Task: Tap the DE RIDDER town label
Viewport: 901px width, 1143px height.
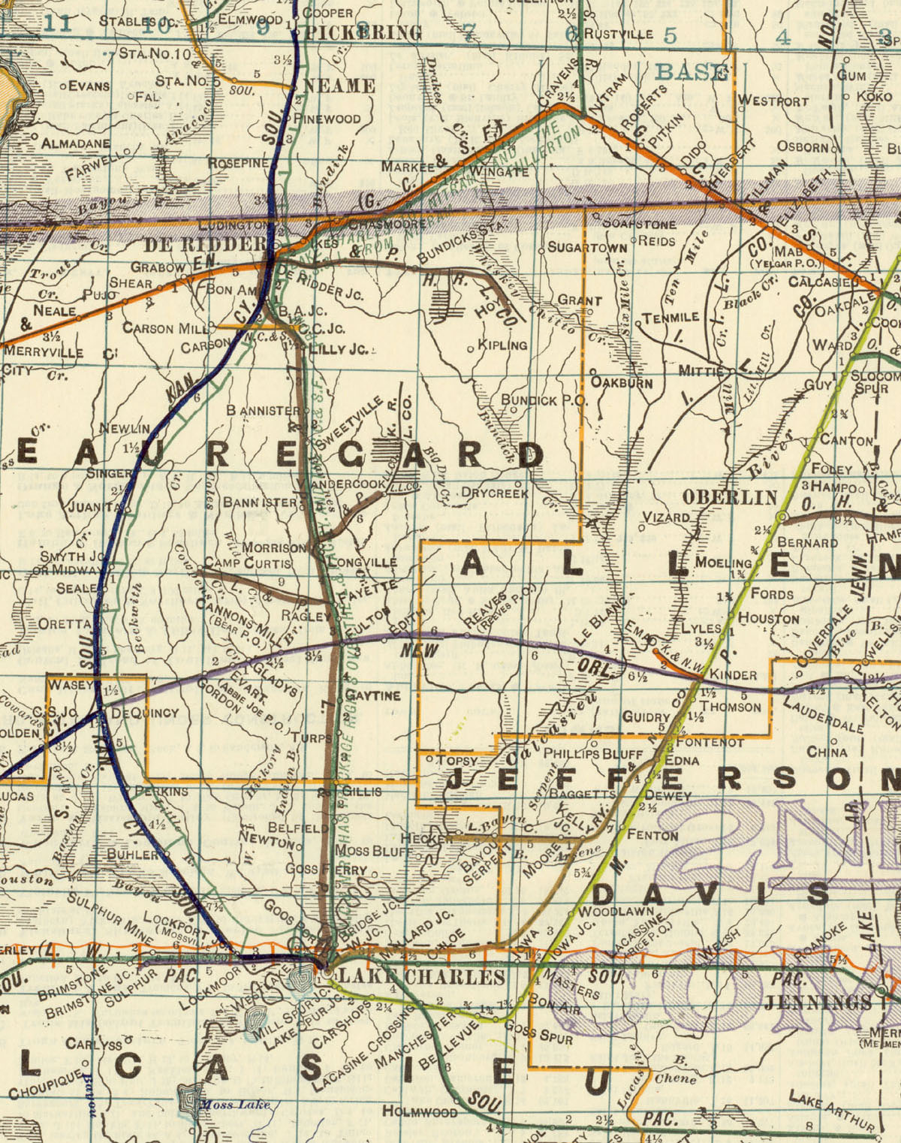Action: [x=204, y=245]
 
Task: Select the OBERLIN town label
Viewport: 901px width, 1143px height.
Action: [x=730, y=497]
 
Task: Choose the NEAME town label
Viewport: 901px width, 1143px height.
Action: [x=339, y=86]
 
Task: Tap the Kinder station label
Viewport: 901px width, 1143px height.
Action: [x=733, y=674]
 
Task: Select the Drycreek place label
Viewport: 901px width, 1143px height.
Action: [x=495, y=493]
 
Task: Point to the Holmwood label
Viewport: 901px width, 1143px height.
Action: [x=420, y=1111]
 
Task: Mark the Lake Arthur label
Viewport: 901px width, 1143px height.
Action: [x=832, y=1111]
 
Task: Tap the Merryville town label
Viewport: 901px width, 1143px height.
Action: [x=43, y=351]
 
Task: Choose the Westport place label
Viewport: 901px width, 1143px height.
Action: [x=773, y=101]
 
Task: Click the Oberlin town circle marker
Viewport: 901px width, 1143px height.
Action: [x=782, y=517]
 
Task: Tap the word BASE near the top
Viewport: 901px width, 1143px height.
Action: [x=691, y=72]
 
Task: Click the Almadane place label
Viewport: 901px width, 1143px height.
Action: [x=75, y=143]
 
